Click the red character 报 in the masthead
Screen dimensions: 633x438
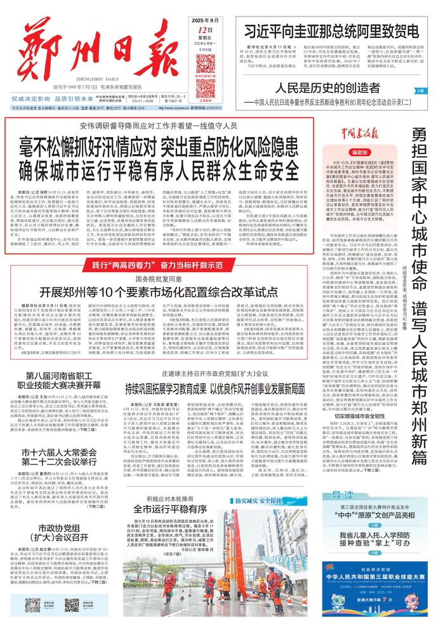point(145,51)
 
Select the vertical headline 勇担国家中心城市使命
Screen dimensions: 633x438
point(418,190)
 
